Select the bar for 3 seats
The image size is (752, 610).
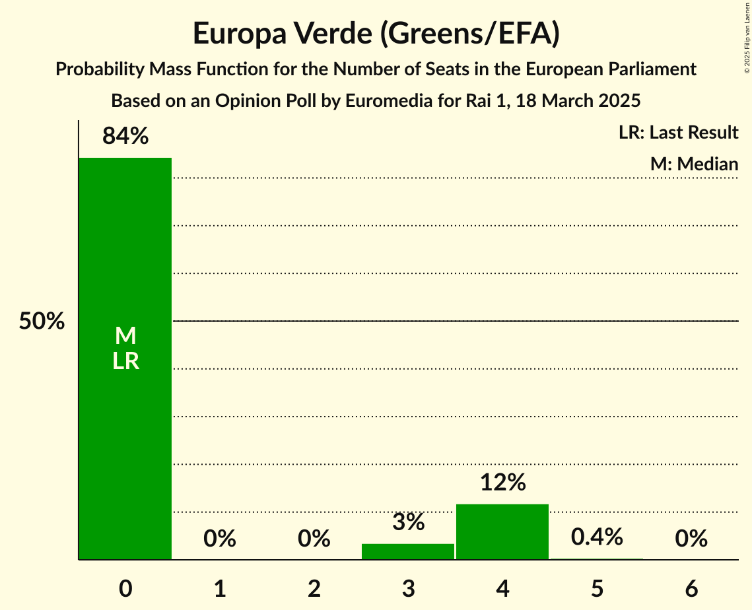pos(408,551)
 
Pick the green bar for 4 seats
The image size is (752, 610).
pos(502,531)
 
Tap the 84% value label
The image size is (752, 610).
pos(125,137)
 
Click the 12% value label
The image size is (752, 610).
pos(502,483)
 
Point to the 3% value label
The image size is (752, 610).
pos(408,522)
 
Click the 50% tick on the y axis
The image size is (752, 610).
pos(42,322)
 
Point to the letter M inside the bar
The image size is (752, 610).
pos(125,337)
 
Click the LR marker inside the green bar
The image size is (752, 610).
pos(125,361)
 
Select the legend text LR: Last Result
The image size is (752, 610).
pos(678,133)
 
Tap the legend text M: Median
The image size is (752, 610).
pos(694,164)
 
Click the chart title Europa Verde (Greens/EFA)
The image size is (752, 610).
pos(376,34)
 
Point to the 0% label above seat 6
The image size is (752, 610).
pos(691,539)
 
